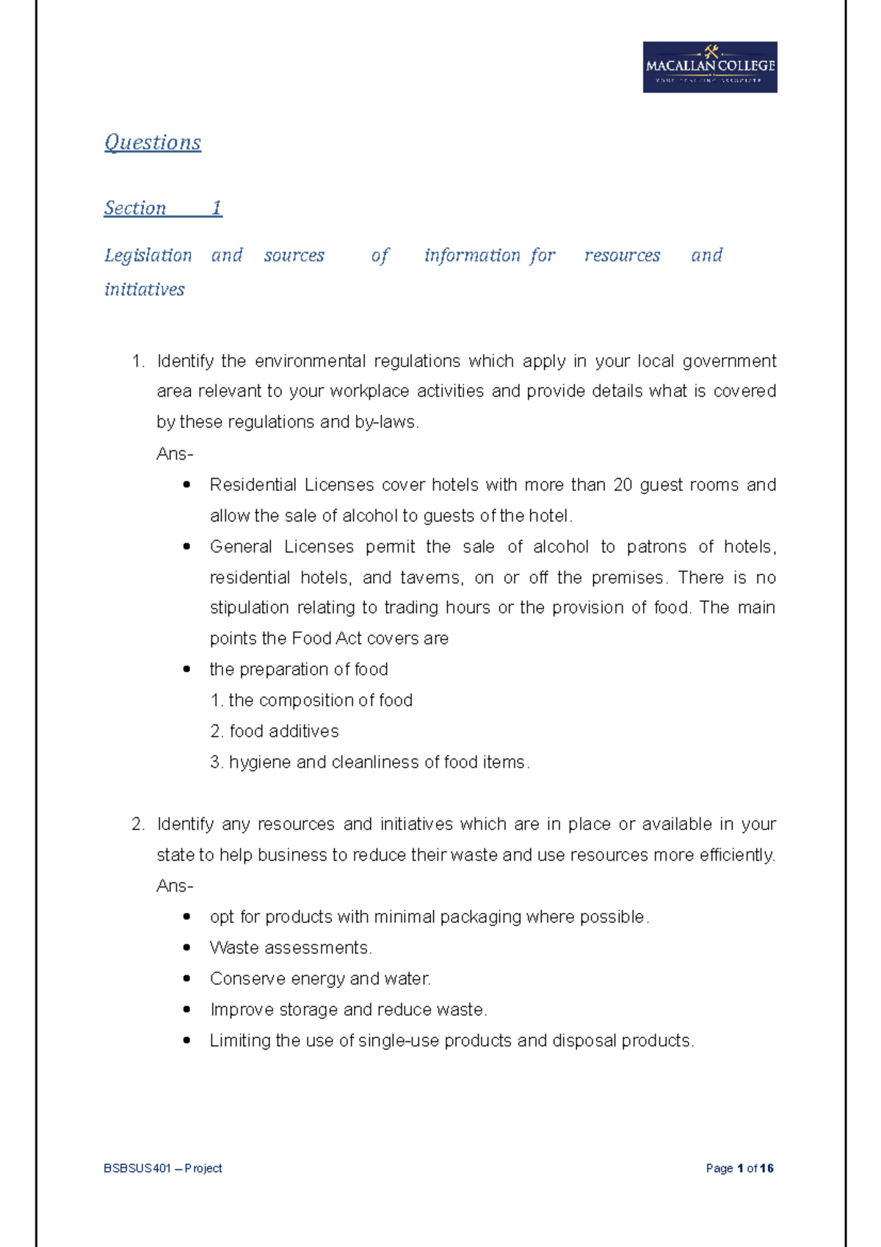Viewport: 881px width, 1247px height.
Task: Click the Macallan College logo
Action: click(709, 67)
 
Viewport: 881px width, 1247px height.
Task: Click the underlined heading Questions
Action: click(153, 142)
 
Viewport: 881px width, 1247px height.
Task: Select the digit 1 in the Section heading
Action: click(217, 208)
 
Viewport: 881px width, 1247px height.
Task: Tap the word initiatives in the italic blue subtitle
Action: click(145, 289)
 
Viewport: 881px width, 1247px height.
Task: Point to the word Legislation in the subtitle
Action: click(148, 255)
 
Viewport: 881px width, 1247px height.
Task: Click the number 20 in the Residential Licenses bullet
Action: click(623, 485)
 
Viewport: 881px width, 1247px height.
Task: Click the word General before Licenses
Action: click(241, 546)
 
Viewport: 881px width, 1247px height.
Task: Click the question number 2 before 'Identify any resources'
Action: click(137, 824)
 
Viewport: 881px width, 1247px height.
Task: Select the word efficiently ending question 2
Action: click(736, 855)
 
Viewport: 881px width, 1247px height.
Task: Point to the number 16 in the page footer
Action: click(767, 1168)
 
